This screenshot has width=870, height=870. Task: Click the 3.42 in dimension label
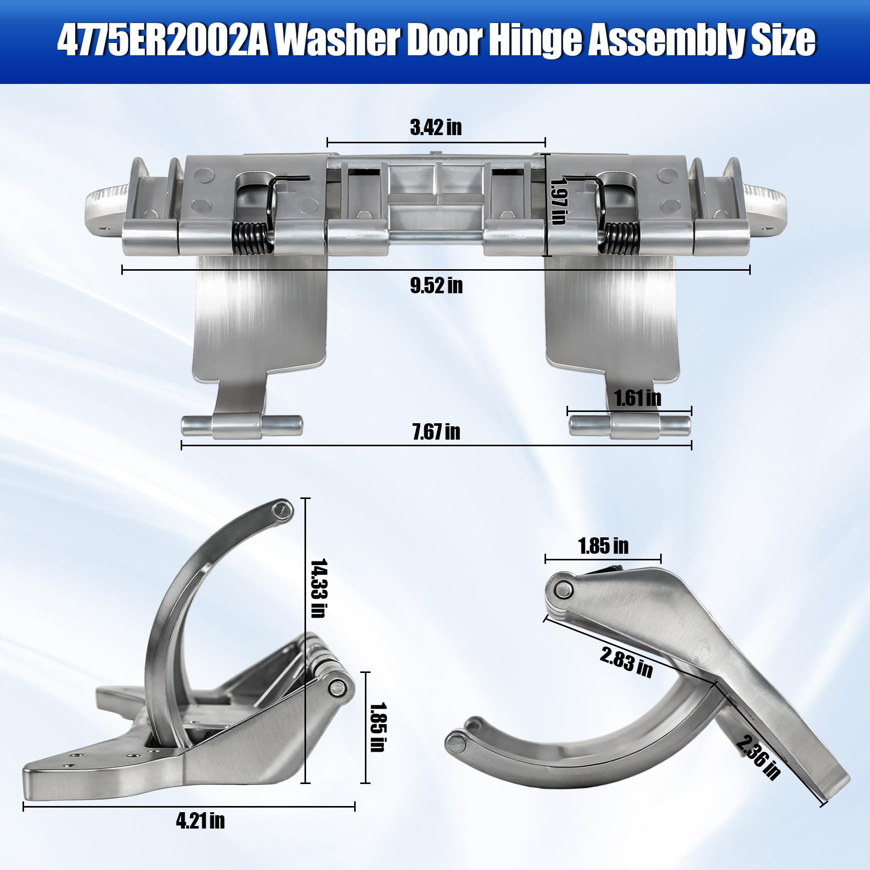[436, 127]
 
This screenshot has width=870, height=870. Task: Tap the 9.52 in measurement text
[436, 286]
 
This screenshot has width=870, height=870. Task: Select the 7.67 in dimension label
[436, 432]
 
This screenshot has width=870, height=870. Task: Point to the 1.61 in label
[637, 398]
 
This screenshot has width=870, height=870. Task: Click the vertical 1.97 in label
[557, 201]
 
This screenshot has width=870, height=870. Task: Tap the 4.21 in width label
[200, 820]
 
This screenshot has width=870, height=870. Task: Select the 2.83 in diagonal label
[626, 662]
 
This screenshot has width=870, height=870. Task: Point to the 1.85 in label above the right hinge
[603, 546]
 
